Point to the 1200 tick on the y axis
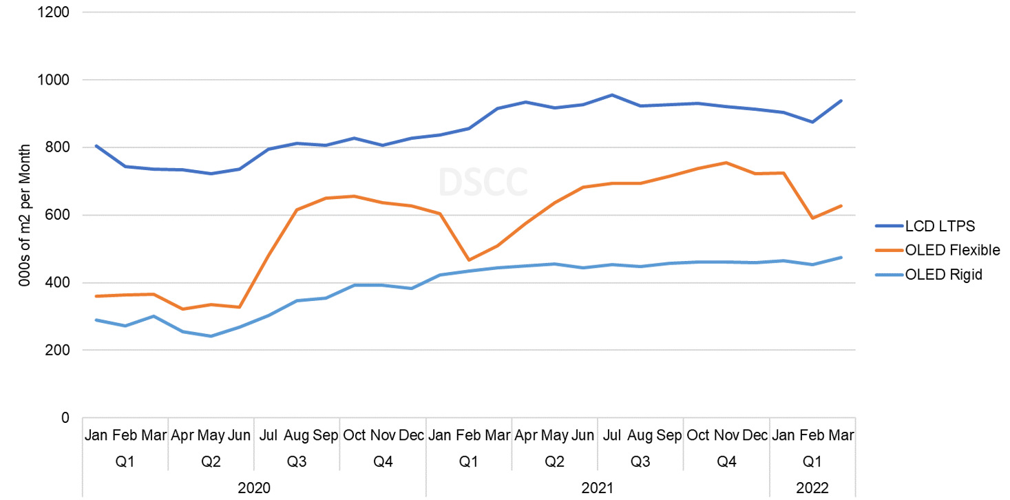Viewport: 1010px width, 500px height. coord(56,12)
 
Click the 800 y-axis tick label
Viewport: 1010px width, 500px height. coord(60,147)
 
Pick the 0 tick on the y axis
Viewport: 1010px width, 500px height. coord(66,417)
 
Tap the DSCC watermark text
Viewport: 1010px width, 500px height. coord(483,182)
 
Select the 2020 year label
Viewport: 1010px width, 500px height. coord(254,488)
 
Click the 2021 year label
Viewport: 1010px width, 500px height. coord(598,488)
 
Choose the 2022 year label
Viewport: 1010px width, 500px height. coord(812,488)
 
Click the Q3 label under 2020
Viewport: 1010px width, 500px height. coord(297,461)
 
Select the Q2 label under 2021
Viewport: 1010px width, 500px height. coord(554,461)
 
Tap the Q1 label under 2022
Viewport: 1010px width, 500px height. coord(812,461)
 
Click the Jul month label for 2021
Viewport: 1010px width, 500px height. coord(611,436)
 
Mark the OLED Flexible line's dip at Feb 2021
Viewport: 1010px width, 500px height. coord(469,260)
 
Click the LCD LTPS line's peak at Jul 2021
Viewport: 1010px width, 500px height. coord(611,95)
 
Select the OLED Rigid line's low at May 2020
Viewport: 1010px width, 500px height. coord(211,336)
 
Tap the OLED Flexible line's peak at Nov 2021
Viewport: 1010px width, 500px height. coord(726,163)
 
